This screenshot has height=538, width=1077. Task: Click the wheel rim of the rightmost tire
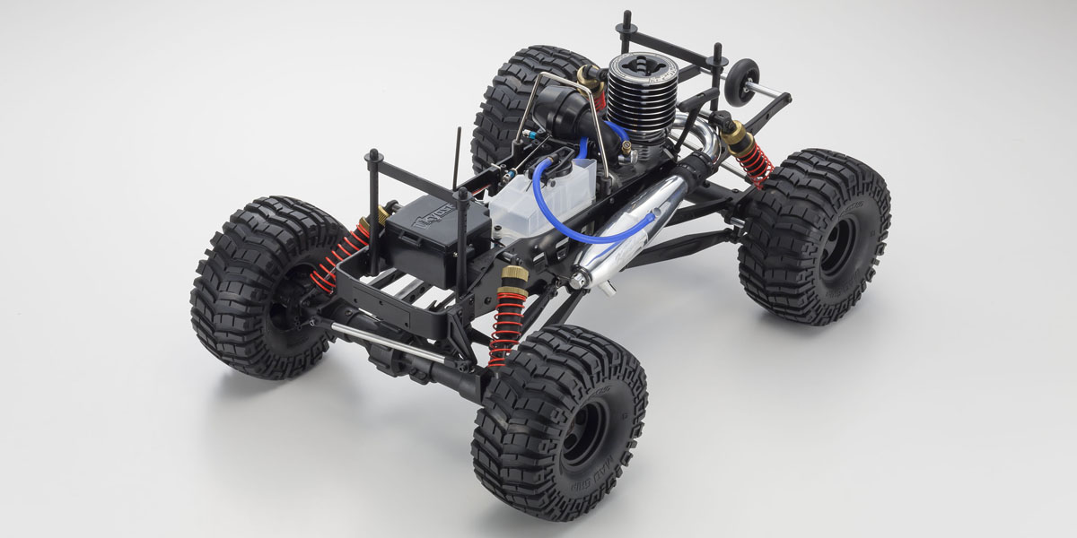[x=838, y=247]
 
